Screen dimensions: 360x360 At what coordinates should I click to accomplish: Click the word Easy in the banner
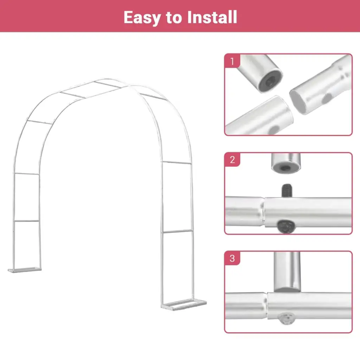coord(142,18)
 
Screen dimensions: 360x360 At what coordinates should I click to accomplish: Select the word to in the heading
coord(174,18)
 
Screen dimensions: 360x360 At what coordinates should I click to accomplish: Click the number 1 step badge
coord(232,61)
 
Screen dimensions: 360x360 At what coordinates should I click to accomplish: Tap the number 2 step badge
coord(232,160)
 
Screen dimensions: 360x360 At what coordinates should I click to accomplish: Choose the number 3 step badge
coord(232,258)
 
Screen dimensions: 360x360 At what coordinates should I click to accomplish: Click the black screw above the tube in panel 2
coord(287,190)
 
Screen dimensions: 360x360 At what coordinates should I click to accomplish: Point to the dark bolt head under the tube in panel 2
coord(286,227)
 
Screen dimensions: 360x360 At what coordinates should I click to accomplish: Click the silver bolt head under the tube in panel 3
coord(286,319)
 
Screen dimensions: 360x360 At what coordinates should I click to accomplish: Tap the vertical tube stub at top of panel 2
coord(286,163)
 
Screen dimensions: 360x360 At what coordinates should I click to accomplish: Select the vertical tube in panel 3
coord(287,272)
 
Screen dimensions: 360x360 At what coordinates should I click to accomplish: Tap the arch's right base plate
coord(184,305)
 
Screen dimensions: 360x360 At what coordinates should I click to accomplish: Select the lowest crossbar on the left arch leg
coord(27,221)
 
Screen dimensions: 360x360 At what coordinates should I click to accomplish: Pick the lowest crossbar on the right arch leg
coord(177,231)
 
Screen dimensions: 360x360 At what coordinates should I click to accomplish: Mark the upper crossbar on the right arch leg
coord(177,162)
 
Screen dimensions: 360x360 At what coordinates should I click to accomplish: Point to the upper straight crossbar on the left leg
coord(27,174)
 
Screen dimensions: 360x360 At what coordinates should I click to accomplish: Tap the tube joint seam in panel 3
coord(267,306)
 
